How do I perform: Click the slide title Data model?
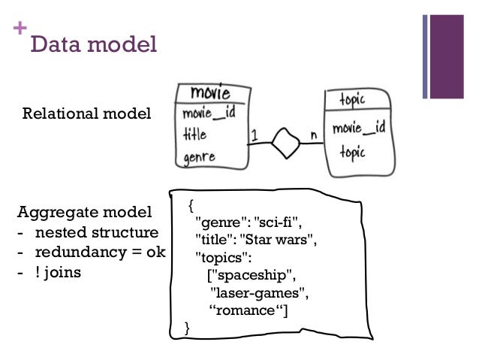pos(93,44)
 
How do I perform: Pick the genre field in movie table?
pos(199,158)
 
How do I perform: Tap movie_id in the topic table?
pos(359,127)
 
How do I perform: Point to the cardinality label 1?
pos(255,135)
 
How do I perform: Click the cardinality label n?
pos(313,135)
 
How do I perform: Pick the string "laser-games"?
pos(260,293)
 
